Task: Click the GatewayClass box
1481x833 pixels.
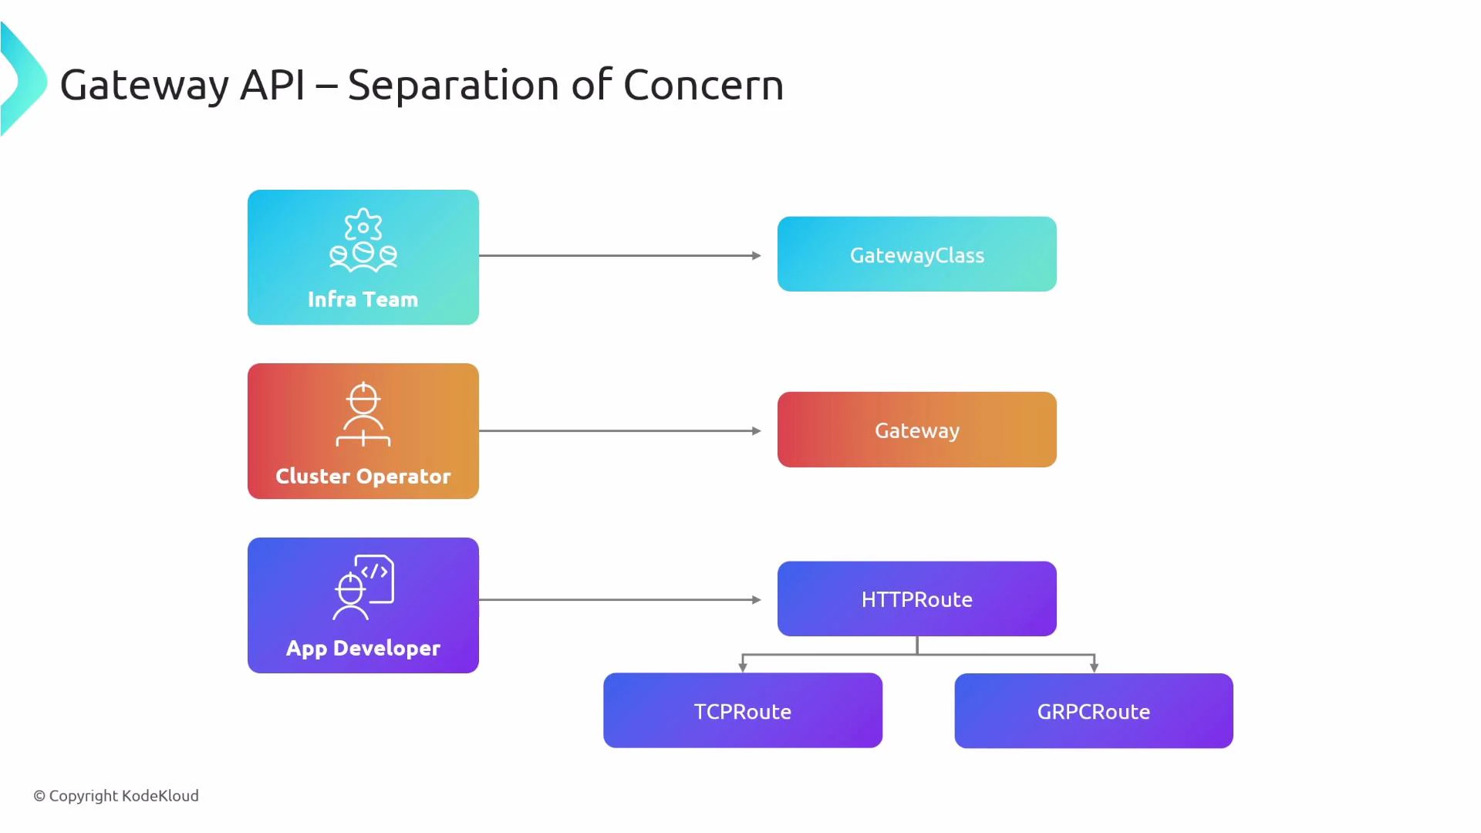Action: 916,255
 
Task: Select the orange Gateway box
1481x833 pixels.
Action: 916,430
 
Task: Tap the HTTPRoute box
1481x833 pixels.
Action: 916,599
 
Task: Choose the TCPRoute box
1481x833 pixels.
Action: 742,710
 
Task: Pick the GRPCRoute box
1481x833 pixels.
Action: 1093,710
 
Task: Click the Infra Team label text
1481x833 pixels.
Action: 363,299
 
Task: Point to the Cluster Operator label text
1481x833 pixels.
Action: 363,476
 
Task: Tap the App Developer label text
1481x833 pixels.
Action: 363,648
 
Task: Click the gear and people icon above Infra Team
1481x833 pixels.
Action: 363,240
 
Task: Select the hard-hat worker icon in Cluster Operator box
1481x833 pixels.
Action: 363,414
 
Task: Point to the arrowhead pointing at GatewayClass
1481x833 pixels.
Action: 757,255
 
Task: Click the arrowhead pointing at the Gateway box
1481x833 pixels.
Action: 757,431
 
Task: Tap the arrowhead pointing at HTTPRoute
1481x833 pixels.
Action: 757,599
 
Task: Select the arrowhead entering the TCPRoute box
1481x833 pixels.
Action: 742,667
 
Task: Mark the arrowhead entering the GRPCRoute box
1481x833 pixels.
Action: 1094,667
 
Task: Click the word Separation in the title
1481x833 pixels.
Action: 453,86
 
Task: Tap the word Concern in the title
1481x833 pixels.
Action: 703,85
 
